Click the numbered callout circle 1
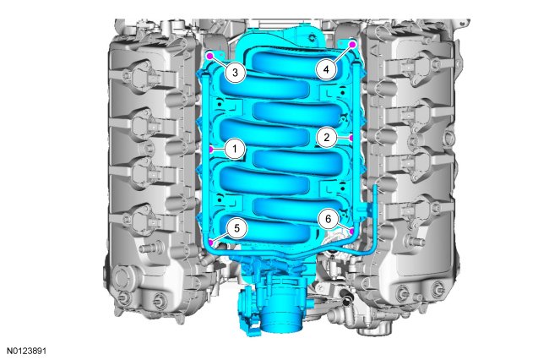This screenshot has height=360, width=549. coord(235,149)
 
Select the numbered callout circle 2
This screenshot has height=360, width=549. coord(327,137)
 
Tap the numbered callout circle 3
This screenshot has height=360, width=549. coord(235,73)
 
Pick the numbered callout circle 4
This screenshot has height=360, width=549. coord(326,69)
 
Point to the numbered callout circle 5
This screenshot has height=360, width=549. coord(236,228)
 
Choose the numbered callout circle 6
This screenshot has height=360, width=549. coord(328,219)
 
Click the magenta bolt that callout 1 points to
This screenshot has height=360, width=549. coord(211,150)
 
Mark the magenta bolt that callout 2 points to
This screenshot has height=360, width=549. coord(351,138)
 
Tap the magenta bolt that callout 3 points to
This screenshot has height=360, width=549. coord(210,55)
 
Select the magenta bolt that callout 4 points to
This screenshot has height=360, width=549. coord(352,45)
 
